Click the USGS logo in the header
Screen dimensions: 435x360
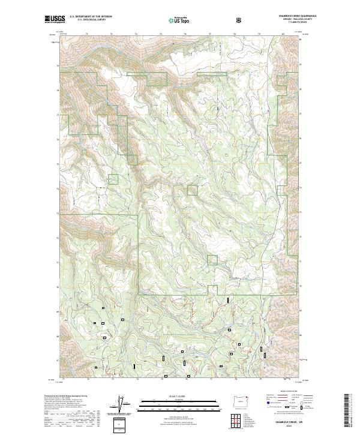(55, 20)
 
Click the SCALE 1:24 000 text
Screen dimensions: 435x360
(173, 396)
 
